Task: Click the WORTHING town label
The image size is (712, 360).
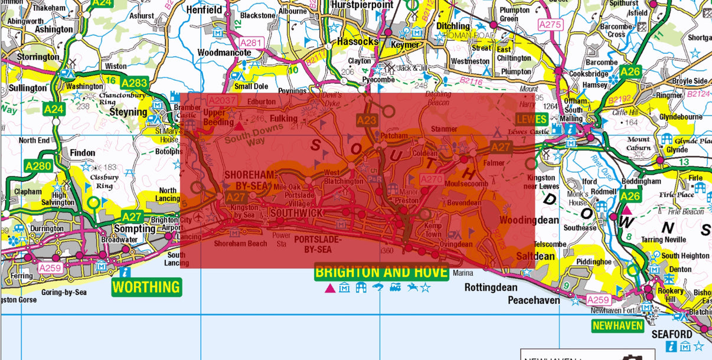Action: (146, 287)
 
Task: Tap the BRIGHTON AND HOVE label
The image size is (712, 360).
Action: (381, 272)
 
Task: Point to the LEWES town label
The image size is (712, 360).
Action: (531, 119)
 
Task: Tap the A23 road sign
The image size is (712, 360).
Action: (366, 120)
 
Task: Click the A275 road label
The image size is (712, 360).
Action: (550, 25)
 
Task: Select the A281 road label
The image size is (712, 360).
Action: (251, 42)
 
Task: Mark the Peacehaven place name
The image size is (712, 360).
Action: (534, 300)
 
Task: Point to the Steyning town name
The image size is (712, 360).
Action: (128, 112)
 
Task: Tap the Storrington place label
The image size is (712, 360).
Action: (34, 57)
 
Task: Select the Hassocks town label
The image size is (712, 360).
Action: (357, 42)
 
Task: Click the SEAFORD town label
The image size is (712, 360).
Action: (671, 335)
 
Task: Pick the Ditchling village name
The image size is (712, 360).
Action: (453, 26)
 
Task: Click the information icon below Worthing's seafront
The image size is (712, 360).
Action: (125, 272)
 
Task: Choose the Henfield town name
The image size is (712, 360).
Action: (204, 10)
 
